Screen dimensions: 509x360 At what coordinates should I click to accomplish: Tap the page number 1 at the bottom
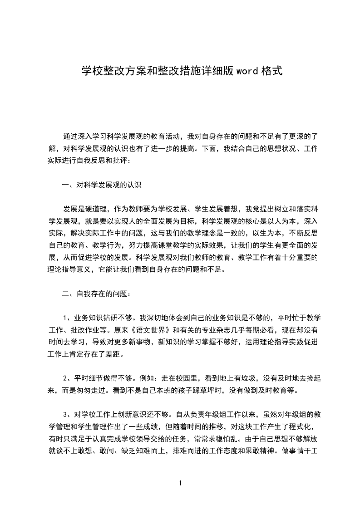click(x=180, y=483)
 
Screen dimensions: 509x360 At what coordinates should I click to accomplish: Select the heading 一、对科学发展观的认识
click(x=102, y=185)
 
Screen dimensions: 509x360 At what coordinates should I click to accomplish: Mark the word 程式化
click(x=301, y=426)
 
